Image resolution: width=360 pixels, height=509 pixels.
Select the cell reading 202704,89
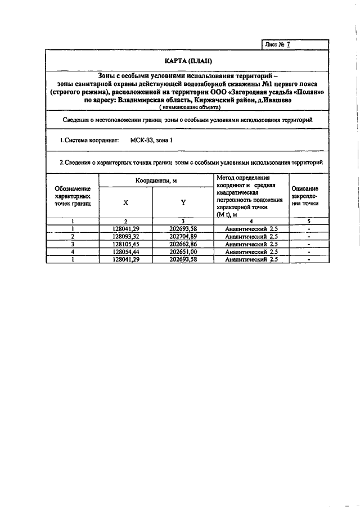tap(183, 237)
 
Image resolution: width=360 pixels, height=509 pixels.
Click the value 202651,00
tap(183, 253)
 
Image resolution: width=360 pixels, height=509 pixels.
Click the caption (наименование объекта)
tap(190, 107)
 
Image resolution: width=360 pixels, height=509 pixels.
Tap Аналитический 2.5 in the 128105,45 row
tap(251, 245)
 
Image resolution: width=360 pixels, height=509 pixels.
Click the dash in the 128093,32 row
tap(310, 237)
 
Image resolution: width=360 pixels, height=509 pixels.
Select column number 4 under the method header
tap(251, 222)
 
